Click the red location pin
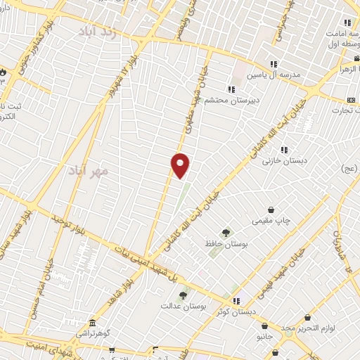point(181,165)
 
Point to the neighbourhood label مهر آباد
point(89,170)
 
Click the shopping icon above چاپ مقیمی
point(271,210)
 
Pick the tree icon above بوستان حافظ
point(226,233)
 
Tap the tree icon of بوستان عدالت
point(184,295)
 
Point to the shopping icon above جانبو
point(264,326)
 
